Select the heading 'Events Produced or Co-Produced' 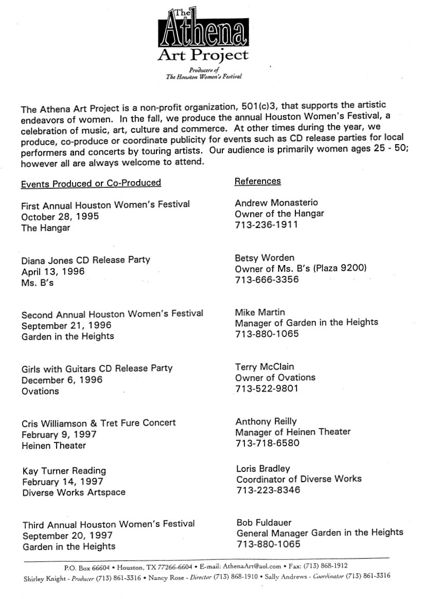tap(91, 183)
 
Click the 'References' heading tap(257, 181)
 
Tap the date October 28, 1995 tap(60, 216)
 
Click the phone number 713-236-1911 tap(266, 225)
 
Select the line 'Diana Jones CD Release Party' tap(86, 260)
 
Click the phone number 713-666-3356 tap(267, 280)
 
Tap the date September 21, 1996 tap(66, 325)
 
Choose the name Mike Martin tap(260, 312)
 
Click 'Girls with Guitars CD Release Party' tap(97, 368)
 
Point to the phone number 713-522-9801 tap(267, 389)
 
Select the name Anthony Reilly tap(267, 421)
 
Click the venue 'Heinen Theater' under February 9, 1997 tap(54, 446)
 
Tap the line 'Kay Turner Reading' tap(64, 470)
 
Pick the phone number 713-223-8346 tap(268, 490)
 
